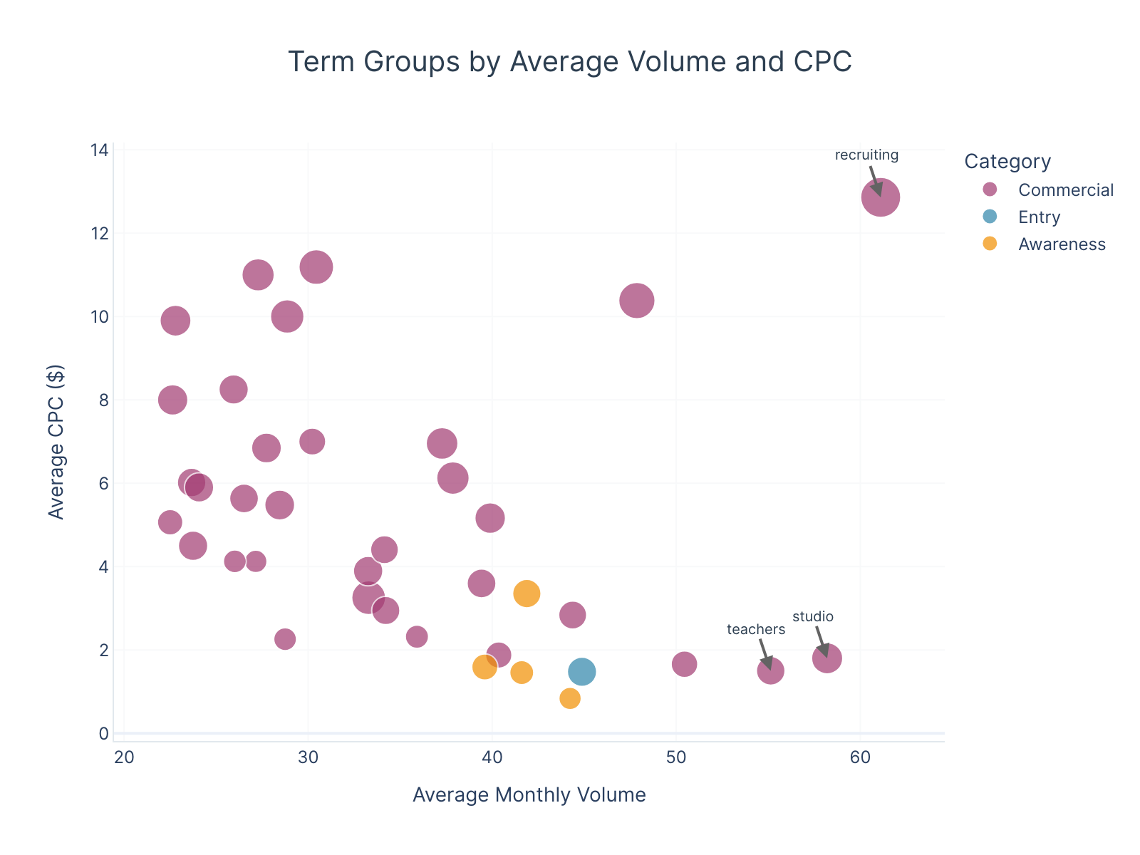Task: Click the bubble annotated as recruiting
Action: click(881, 197)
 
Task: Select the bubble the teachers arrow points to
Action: click(770, 670)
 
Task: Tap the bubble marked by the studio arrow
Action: click(826, 658)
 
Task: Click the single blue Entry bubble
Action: click(582, 671)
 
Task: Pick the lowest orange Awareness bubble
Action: click(570, 698)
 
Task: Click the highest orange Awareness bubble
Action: click(527, 593)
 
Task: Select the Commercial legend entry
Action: click(1065, 190)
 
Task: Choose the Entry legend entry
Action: click(1039, 217)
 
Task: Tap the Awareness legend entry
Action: click(1062, 244)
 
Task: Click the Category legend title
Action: click(1007, 162)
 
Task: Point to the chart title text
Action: click(569, 62)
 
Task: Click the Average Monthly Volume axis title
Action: click(529, 794)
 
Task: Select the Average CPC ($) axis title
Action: click(56, 442)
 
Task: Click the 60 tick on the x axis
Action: click(860, 757)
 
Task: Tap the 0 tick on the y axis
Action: click(104, 733)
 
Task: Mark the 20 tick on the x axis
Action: click(124, 757)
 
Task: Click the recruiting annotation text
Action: click(866, 155)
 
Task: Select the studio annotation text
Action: click(813, 617)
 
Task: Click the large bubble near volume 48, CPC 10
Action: click(637, 301)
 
